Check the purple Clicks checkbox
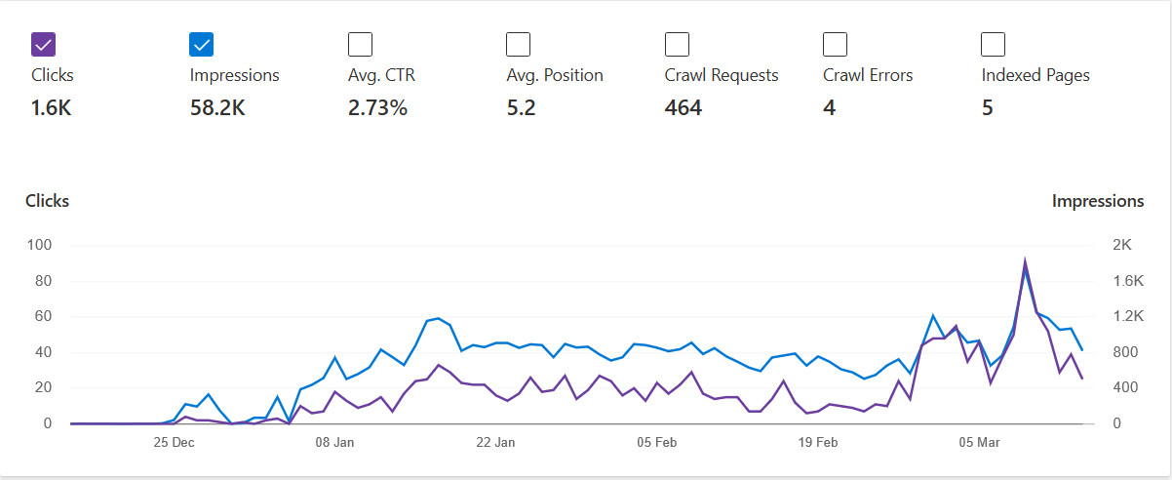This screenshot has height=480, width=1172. tap(44, 45)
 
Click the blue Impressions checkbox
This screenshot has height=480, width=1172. tap(202, 45)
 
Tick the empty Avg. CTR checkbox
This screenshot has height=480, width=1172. tap(360, 45)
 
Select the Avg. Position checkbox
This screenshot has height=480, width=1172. tap(518, 45)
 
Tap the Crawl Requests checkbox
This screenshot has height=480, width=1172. tap(677, 45)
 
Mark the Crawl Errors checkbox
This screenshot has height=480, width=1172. tap(835, 45)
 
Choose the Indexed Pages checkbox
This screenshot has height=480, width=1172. tap(993, 45)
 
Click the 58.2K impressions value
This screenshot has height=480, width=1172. tap(217, 108)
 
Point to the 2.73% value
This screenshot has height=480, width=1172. tap(377, 108)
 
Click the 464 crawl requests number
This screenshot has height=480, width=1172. tap(684, 108)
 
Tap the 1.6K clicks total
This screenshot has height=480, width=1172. tap(51, 108)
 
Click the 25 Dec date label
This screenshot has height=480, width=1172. tap(174, 442)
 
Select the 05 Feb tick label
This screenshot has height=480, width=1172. tap(656, 442)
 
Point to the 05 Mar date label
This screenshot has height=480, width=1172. tap(979, 442)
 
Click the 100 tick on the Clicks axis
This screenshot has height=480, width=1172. tap(39, 245)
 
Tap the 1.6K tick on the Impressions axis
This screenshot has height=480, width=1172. tap(1128, 281)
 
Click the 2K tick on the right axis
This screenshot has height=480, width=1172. tap(1121, 245)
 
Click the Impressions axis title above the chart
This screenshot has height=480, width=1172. tap(1098, 201)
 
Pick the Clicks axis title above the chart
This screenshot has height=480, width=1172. tap(47, 201)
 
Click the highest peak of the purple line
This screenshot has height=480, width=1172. tap(1025, 259)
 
